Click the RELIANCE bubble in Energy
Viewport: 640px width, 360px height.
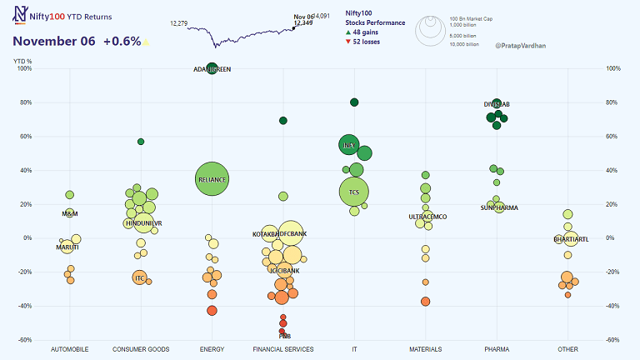click(x=212, y=179)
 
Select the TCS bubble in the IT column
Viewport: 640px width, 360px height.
click(x=354, y=192)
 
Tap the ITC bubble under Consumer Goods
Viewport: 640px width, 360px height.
click(x=139, y=277)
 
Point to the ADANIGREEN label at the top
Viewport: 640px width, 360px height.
click(x=212, y=69)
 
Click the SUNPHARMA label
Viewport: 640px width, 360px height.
click(x=499, y=207)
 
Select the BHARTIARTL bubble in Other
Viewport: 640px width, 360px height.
click(x=571, y=239)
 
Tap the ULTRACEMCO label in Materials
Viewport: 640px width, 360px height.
click(x=427, y=217)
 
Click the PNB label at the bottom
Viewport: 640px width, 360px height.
click(x=284, y=336)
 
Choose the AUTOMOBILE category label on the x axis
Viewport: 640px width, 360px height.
click(x=70, y=349)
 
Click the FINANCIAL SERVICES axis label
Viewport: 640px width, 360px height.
click(x=283, y=349)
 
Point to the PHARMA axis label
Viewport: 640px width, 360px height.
click(x=497, y=349)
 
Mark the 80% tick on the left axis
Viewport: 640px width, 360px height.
click(x=24, y=103)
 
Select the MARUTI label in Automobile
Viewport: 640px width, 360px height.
click(x=67, y=247)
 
